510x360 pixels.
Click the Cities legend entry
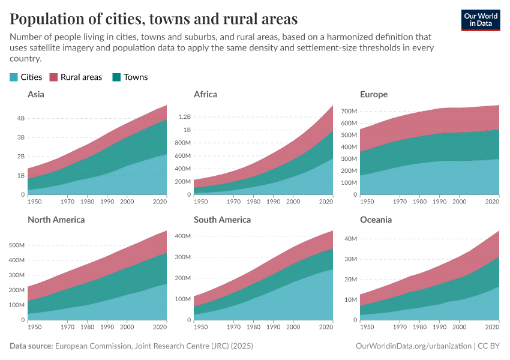26,77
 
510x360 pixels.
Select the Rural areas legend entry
76,77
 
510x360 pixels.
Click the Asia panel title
36,94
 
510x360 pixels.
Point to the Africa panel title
205,94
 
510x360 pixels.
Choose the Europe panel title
373,94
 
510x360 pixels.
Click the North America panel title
56,220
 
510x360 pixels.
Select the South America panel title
222,220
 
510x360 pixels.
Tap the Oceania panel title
376,220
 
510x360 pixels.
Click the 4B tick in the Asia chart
20,118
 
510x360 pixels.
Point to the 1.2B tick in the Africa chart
183,116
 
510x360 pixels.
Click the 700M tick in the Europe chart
349,111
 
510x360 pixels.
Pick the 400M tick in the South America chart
182,236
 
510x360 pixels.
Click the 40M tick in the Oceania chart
350,239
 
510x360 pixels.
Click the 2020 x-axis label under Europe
492,202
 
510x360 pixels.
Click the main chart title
154,19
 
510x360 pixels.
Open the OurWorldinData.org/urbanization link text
413,346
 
